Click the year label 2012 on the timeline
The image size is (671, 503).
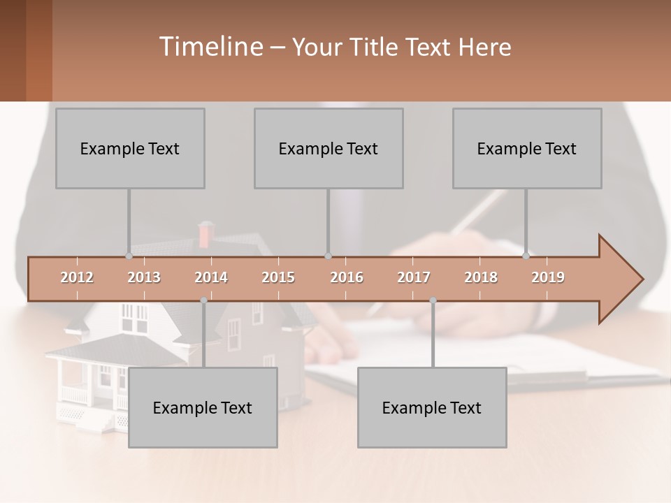tap(77, 277)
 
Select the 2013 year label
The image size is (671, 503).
tap(144, 277)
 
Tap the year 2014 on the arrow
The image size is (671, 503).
tap(211, 277)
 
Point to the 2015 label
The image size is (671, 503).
tap(278, 277)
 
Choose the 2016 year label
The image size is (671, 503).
tap(347, 277)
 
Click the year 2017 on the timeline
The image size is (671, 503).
tap(414, 277)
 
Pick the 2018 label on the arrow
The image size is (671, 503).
tap(481, 277)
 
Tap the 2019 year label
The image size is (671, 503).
tap(548, 277)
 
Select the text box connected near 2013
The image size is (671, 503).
tap(130, 148)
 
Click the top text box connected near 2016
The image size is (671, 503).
tap(329, 148)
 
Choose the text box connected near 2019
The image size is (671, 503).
tap(527, 148)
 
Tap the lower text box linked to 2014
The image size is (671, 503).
tap(203, 407)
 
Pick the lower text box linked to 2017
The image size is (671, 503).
tap(432, 407)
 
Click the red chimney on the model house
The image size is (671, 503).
tap(205, 234)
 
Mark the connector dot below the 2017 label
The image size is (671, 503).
tap(433, 300)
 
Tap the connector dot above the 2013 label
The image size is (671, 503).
tap(129, 256)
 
